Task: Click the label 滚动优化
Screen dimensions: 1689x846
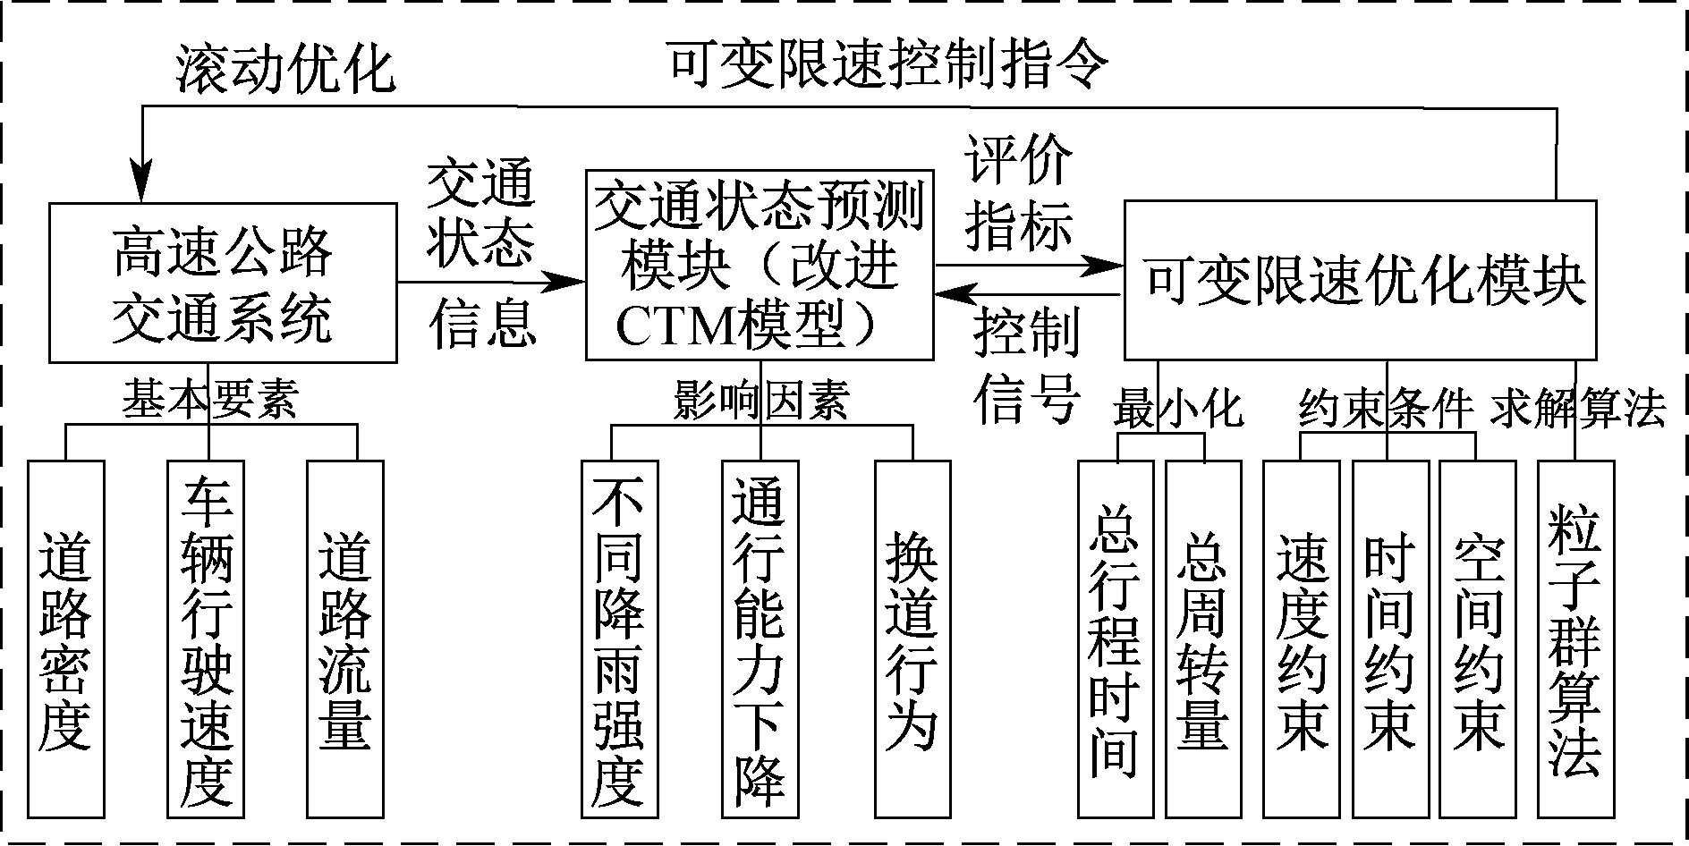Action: coord(285,69)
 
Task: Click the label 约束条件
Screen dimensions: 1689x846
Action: coord(1386,409)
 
